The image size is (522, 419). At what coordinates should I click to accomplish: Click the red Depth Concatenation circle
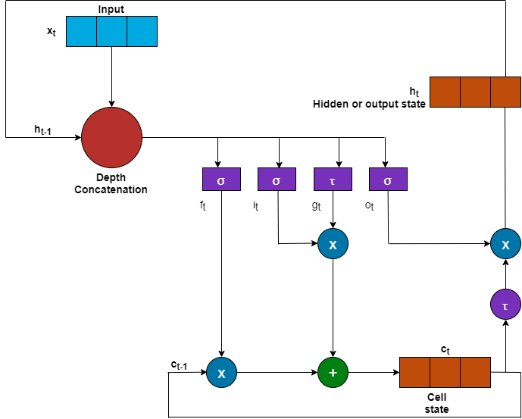pos(112,138)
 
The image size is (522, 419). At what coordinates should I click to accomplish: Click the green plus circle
pos(333,373)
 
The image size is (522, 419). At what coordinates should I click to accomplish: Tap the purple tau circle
pos(505,305)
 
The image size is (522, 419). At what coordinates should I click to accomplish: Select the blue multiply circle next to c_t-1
pos(221,373)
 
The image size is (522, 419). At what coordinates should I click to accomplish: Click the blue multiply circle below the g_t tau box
pos(333,245)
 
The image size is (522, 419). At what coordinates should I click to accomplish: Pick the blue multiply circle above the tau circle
pos(505,245)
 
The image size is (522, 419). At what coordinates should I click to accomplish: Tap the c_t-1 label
pos(180,365)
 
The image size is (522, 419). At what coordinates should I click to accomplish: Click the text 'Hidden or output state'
pos(369,103)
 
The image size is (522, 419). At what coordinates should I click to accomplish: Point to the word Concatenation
pos(111,189)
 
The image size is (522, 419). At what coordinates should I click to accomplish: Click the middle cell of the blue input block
pos(111,31)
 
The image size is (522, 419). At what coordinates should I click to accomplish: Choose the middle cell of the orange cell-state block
pos(445,373)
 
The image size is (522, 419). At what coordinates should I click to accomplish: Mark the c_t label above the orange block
pos(445,349)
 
